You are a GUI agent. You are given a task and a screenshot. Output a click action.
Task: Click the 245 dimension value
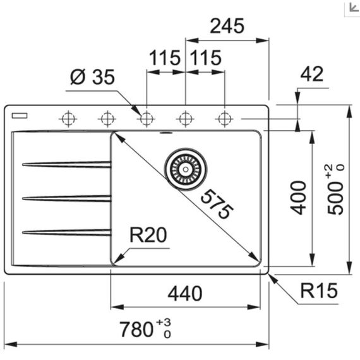(227, 26)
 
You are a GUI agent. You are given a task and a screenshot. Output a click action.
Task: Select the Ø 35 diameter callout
(92, 77)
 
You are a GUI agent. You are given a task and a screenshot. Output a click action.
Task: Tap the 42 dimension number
(312, 74)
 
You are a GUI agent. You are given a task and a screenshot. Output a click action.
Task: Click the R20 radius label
(148, 235)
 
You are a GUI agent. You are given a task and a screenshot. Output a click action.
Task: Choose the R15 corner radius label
(319, 291)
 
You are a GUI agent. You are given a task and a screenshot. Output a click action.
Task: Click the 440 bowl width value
(185, 294)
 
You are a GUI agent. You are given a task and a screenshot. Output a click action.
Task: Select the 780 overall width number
(136, 330)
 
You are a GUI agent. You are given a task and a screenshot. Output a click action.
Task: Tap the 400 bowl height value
(298, 198)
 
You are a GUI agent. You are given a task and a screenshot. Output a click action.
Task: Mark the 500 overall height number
(335, 198)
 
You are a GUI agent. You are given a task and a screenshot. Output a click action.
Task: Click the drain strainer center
(186, 169)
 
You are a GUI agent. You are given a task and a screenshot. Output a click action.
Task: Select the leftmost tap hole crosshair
(68, 119)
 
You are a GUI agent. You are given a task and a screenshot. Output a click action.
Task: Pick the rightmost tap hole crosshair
(224, 119)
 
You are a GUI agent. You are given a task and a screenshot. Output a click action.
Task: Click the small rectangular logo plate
(20, 116)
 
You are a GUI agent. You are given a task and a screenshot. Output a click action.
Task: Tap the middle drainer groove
(67, 198)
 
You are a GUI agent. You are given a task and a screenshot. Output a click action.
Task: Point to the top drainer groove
(67, 164)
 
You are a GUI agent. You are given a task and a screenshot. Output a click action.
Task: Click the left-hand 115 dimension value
(165, 57)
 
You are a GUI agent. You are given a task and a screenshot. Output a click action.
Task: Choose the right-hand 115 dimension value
(206, 57)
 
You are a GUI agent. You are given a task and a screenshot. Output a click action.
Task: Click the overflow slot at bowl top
(165, 133)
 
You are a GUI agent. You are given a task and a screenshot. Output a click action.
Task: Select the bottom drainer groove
(67, 232)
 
